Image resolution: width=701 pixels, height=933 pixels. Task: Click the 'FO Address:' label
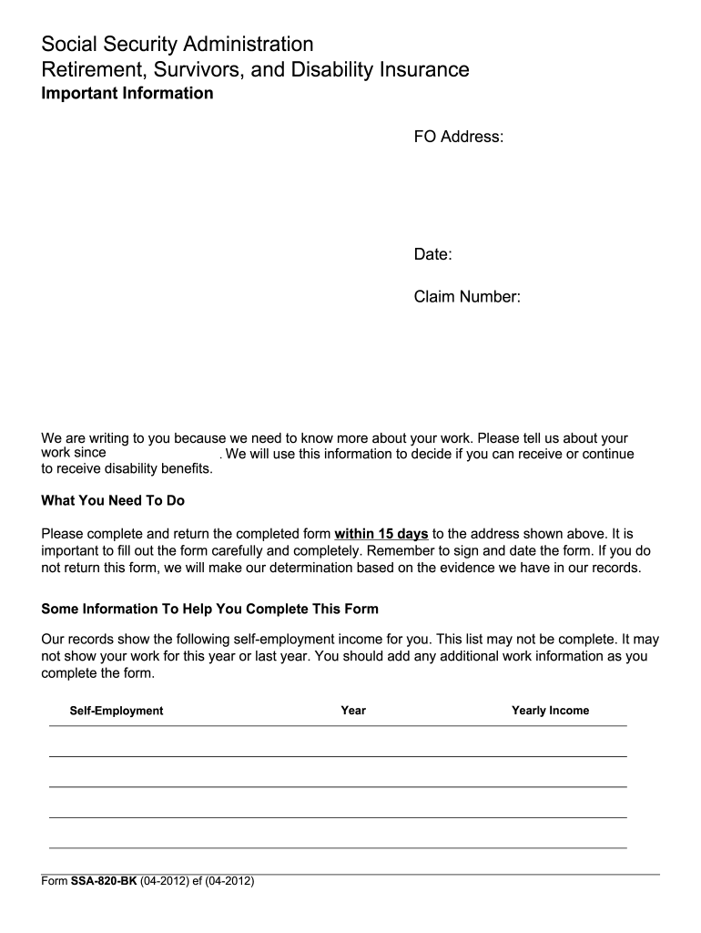(x=459, y=137)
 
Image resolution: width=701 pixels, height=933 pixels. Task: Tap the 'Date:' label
(x=433, y=254)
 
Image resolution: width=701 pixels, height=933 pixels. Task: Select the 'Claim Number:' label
(x=467, y=296)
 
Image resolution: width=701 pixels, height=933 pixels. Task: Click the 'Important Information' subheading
(x=127, y=93)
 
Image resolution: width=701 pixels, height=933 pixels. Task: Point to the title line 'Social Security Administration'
(x=178, y=44)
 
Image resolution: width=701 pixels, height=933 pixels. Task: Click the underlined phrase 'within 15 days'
(x=381, y=533)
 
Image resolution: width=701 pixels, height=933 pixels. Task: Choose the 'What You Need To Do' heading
(x=113, y=500)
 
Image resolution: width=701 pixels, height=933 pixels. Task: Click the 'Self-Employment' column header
(x=117, y=711)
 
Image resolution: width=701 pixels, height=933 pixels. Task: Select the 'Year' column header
(x=353, y=710)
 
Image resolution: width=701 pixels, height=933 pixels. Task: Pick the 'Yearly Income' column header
(x=550, y=710)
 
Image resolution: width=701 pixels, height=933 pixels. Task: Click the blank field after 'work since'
(x=164, y=453)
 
